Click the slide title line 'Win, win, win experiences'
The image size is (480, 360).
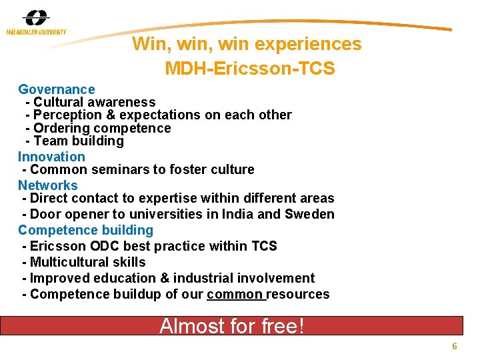coord(247,44)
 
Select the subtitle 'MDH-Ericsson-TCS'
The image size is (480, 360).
coord(249,69)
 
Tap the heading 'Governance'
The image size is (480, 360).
coord(57,89)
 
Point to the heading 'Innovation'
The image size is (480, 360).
coord(51,157)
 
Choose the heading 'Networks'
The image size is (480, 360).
coord(48,185)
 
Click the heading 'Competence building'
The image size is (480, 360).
coord(85,230)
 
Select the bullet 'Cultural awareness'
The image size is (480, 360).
coord(94,102)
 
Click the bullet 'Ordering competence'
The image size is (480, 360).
coord(102,128)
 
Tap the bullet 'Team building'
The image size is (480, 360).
coord(78,141)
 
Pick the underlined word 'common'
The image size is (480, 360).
coord(236,294)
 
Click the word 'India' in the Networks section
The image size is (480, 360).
coord(239,214)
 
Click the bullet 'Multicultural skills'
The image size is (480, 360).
coord(87,262)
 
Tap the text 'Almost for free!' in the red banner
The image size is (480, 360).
coord(231,326)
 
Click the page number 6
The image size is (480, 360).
coord(454,347)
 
